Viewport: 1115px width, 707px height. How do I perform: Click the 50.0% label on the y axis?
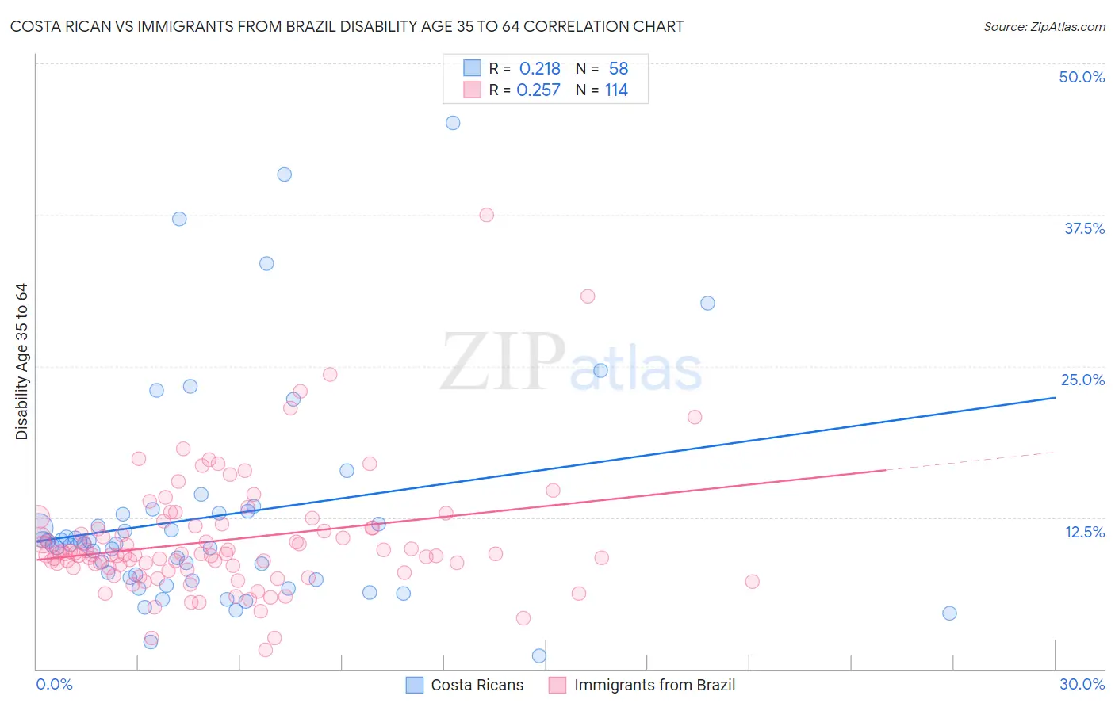coord(1082,77)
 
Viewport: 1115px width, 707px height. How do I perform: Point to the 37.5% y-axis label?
coord(1084,228)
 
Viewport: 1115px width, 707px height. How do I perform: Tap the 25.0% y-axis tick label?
coord(1082,380)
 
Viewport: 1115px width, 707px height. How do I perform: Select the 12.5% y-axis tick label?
coord(1084,532)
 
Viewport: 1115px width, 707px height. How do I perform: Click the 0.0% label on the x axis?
coord(54,684)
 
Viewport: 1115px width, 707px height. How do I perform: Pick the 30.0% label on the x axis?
coord(1082,684)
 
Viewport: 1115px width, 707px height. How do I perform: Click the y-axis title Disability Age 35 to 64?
coord(21,361)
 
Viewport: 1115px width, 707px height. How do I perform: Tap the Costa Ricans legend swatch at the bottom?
coord(415,685)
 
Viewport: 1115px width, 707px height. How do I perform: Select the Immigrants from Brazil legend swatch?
coord(557,685)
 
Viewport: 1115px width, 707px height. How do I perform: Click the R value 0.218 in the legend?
coord(539,69)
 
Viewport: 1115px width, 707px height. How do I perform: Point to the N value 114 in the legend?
coord(616,90)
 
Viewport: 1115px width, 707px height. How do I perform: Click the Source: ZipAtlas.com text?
coord(1044,27)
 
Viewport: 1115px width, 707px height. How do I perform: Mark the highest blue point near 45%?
coord(453,123)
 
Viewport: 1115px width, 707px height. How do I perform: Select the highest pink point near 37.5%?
coord(487,215)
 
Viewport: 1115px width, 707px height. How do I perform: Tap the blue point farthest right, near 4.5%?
coord(949,613)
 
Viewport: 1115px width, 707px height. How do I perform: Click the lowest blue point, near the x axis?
coord(539,655)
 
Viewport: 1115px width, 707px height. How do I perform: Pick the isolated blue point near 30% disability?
coord(707,304)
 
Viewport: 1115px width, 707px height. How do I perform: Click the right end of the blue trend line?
coord(1055,397)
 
